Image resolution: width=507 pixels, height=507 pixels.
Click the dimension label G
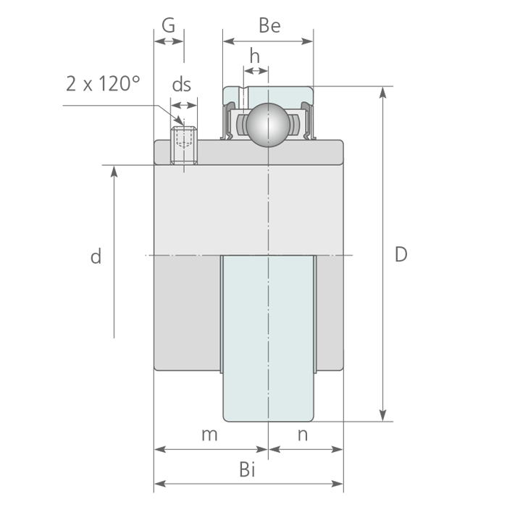click(x=168, y=25)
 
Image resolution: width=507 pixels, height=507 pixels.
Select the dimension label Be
click(x=269, y=26)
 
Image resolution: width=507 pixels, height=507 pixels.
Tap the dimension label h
click(x=254, y=56)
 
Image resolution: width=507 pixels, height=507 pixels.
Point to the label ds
click(x=181, y=85)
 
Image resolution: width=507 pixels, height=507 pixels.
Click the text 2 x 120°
click(x=102, y=84)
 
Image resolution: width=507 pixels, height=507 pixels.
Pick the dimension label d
click(x=96, y=256)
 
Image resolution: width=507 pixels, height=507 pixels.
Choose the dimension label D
click(x=401, y=254)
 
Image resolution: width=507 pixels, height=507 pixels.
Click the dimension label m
click(x=209, y=435)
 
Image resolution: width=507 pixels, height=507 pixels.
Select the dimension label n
click(x=303, y=435)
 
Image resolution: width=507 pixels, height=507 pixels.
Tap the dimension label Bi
click(x=248, y=470)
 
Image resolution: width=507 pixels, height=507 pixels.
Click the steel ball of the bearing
click(x=268, y=124)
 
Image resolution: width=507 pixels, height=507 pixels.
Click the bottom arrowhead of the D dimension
click(x=383, y=416)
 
